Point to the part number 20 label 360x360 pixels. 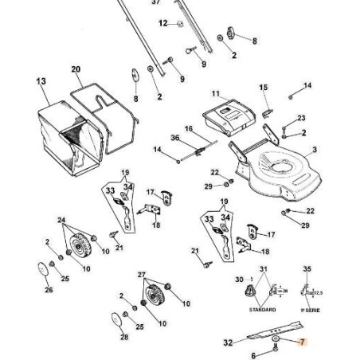(x=76, y=69)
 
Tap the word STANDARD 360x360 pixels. (x=263, y=309)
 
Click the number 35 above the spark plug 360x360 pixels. (x=308, y=271)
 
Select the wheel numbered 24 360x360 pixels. (x=78, y=249)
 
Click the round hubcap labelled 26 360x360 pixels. (x=39, y=270)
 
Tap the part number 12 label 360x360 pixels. (x=163, y=24)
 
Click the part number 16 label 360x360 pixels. (x=189, y=128)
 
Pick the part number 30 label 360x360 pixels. (x=238, y=280)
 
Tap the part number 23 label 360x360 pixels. (x=301, y=118)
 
